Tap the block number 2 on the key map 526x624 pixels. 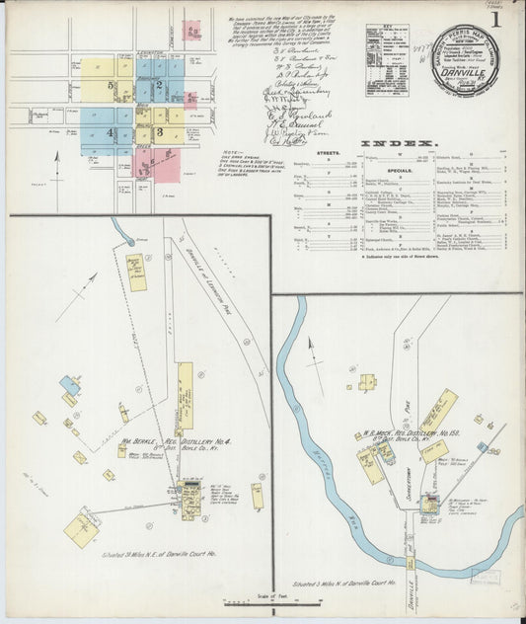point(158,86)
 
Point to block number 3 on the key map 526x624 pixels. point(158,131)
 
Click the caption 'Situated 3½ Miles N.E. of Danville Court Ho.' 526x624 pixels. point(146,554)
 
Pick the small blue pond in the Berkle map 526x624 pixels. point(68,384)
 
